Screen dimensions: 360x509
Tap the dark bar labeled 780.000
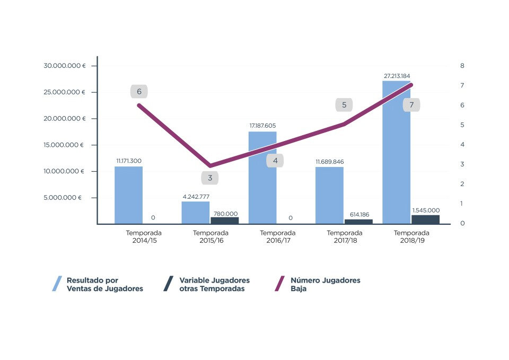click(225, 221)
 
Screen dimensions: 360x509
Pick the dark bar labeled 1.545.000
click(426, 219)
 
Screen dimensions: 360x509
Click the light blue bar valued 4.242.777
click(196, 213)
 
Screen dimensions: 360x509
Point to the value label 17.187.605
click(262, 126)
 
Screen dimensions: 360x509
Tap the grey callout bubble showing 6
click(139, 92)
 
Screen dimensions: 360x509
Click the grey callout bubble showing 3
click(210, 178)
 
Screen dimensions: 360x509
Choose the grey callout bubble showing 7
click(411, 105)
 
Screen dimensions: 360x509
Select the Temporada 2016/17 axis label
click(277, 236)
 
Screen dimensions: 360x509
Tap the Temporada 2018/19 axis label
click(411, 236)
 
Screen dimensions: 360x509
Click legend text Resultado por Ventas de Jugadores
click(104, 284)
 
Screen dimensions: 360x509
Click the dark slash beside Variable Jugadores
click(168, 284)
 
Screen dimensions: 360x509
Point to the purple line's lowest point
click(210, 166)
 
